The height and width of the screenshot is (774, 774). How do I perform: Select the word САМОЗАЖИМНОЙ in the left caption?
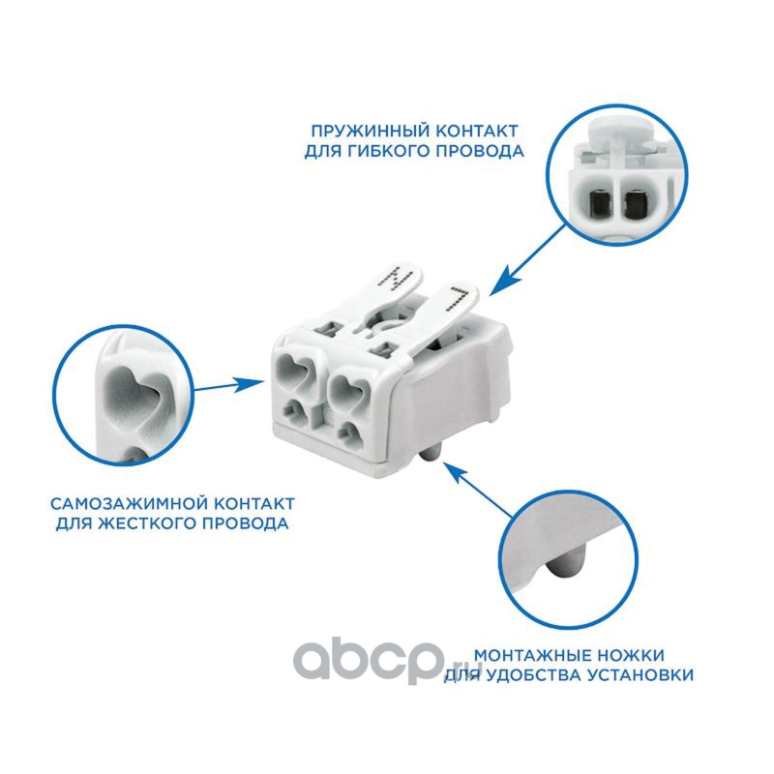tap(127, 504)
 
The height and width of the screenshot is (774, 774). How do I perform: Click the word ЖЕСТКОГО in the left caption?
tap(147, 523)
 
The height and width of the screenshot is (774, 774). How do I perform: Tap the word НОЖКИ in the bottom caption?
tap(631, 656)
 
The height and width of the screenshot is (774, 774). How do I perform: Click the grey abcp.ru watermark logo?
tap(385, 662)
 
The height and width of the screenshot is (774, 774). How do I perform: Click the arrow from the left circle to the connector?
tap(229, 385)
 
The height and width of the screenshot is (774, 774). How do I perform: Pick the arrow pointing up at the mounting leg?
tap(479, 490)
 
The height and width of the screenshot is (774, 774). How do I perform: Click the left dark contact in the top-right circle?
tap(599, 203)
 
